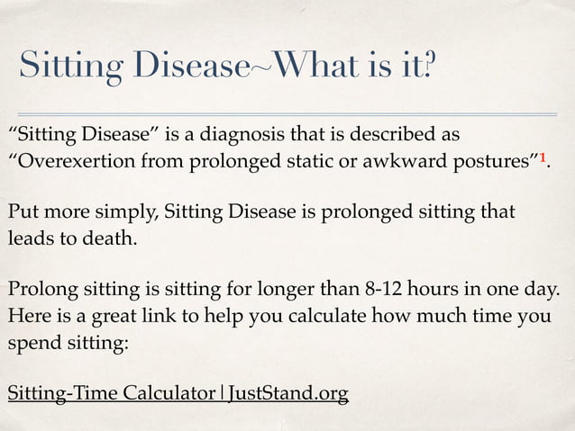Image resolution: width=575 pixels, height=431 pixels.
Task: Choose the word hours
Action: pyautogui.click(x=464, y=291)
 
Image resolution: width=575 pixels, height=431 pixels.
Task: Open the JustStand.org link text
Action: pyautogui.click(x=287, y=394)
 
